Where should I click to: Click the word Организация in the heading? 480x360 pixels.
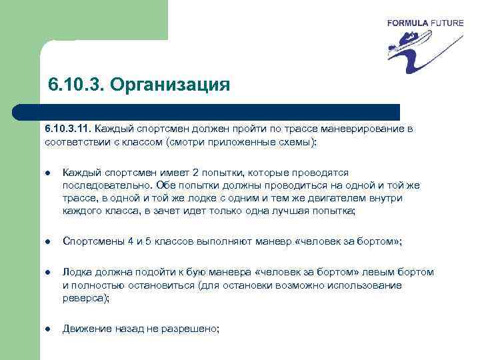click(x=169, y=86)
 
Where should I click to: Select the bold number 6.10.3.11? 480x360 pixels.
click(x=69, y=129)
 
